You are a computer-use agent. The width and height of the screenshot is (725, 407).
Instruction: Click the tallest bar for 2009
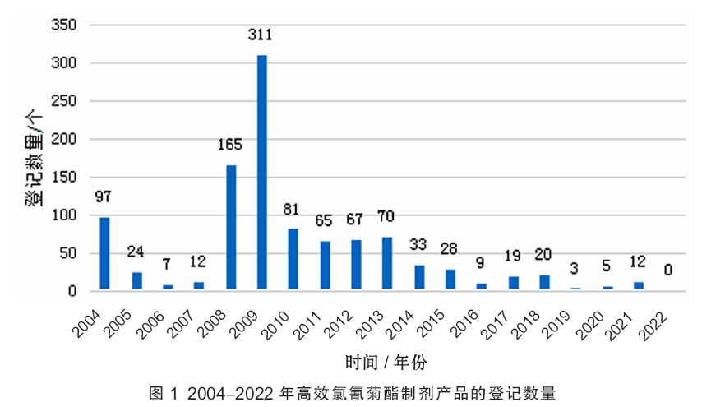tap(262, 173)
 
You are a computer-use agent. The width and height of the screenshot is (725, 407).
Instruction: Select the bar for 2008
tap(231, 228)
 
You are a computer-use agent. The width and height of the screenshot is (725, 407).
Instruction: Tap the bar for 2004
tap(104, 253)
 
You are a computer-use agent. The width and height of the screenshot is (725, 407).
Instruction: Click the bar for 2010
tap(293, 259)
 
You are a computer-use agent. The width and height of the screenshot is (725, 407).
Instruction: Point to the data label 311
tap(262, 35)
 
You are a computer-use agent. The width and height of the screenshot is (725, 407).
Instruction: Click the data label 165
tap(230, 146)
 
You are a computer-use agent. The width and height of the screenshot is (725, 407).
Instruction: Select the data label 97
tap(104, 197)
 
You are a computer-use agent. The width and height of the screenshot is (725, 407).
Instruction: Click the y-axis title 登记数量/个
tap(34, 159)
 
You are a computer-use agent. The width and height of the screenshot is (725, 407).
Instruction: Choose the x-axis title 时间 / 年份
tap(386, 361)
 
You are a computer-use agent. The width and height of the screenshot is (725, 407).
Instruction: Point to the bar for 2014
tap(419, 277)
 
